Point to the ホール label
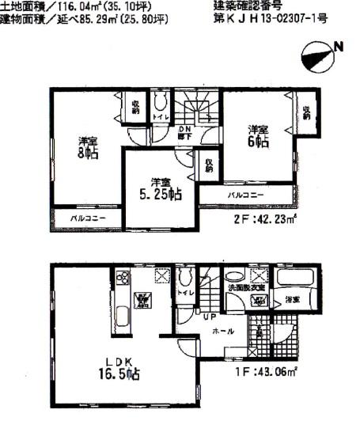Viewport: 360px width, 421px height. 224,331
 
